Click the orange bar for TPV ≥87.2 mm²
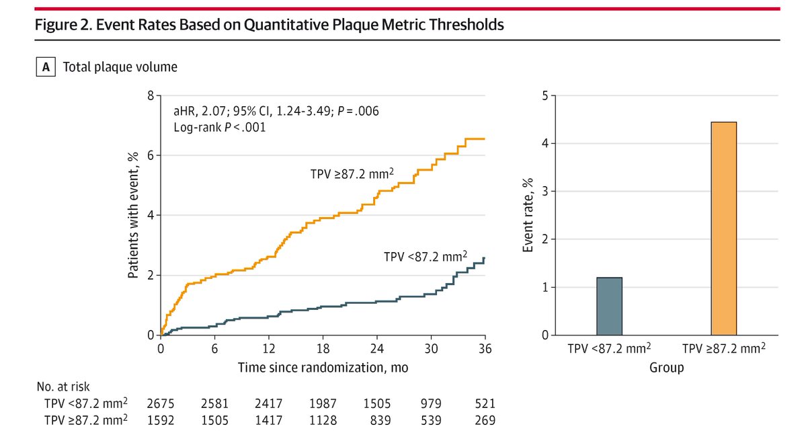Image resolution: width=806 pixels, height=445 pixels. point(724,229)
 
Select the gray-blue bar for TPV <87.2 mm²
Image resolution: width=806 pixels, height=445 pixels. point(609,306)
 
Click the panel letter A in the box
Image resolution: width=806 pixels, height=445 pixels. point(45,67)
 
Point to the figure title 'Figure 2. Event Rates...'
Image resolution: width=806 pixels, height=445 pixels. point(269,26)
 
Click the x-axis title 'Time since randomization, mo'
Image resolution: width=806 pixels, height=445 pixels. point(323,368)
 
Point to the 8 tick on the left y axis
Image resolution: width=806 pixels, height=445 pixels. point(150,95)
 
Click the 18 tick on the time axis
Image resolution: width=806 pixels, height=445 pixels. point(323,349)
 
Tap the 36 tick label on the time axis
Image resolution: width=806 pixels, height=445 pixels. point(485,349)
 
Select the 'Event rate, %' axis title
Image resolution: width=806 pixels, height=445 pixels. point(528,215)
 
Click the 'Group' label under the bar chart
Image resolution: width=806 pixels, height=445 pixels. point(666,368)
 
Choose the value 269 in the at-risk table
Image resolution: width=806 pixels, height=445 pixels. point(485,421)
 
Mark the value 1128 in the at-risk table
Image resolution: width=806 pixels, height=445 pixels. point(323,421)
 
